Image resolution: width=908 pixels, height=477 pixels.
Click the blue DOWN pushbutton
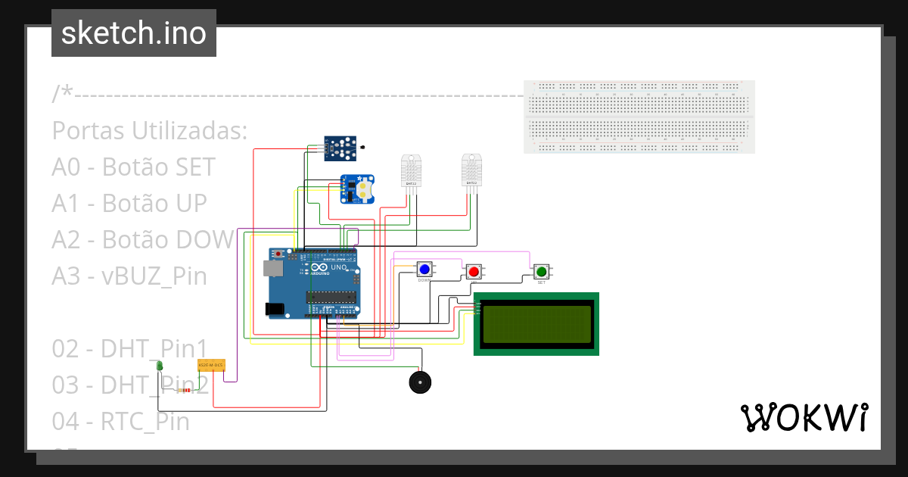tap(424, 269)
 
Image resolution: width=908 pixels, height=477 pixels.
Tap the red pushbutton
tap(474, 271)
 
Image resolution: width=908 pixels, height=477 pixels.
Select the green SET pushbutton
tap(541, 271)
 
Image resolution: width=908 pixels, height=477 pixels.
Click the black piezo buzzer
tap(421, 382)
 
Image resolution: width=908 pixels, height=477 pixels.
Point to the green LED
tap(160, 366)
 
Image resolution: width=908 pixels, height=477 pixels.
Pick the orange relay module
tap(211, 366)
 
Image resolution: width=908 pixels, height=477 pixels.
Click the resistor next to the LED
tap(185, 390)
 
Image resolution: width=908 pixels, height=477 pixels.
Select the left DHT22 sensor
tap(411, 172)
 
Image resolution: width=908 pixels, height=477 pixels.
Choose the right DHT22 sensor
tap(471, 171)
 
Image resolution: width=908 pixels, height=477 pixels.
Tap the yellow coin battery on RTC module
tap(364, 189)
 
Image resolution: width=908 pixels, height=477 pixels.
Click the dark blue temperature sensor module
tap(340, 148)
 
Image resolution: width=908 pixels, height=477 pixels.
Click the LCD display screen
tap(536, 323)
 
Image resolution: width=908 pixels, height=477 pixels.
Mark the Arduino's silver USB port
tap(271, 268)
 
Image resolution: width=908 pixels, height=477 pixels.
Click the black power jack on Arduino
tap(274, 309)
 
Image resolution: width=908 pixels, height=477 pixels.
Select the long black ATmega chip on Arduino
tap(331, 296)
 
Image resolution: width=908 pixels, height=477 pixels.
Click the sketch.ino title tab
tap(134, 33)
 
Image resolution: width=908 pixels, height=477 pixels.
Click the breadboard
tap(639, 117)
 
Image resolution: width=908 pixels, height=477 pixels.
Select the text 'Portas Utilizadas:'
tap(150, 130)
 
